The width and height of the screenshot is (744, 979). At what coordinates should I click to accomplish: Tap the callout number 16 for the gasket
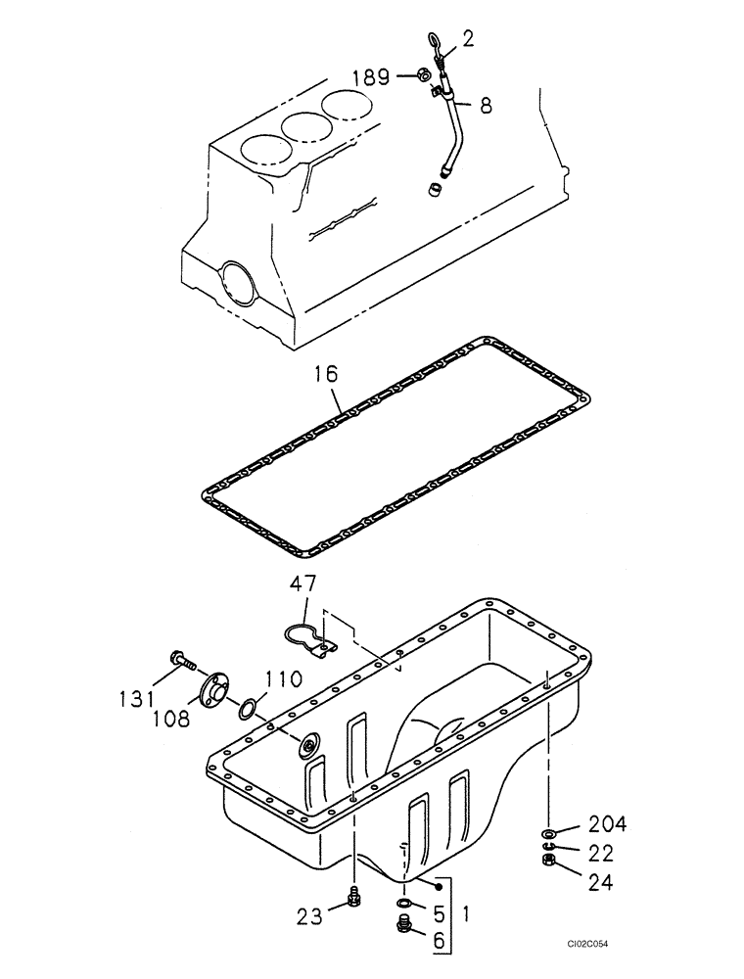[328, 375]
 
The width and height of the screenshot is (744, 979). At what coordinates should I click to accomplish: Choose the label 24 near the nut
[601, 881]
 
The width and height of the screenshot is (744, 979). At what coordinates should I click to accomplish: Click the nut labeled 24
[549, 861]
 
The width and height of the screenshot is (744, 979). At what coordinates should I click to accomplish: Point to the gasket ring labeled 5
[404, 903]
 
